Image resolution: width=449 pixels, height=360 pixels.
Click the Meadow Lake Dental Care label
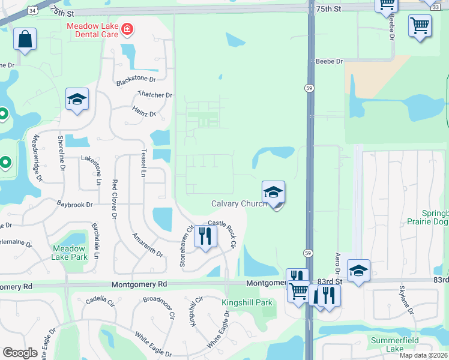93,31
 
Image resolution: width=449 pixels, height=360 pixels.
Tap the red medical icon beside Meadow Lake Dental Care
127,28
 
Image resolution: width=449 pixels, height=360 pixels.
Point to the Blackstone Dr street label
136,79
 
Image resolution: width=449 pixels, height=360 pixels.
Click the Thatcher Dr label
155,95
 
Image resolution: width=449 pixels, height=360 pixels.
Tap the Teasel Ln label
143,163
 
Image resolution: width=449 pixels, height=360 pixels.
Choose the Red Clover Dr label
113,196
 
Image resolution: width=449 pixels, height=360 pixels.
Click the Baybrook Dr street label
75,205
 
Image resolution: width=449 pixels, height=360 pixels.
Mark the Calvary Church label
239,204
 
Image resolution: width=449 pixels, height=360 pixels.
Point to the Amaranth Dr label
148,245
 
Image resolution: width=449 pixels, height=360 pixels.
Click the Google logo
20,353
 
